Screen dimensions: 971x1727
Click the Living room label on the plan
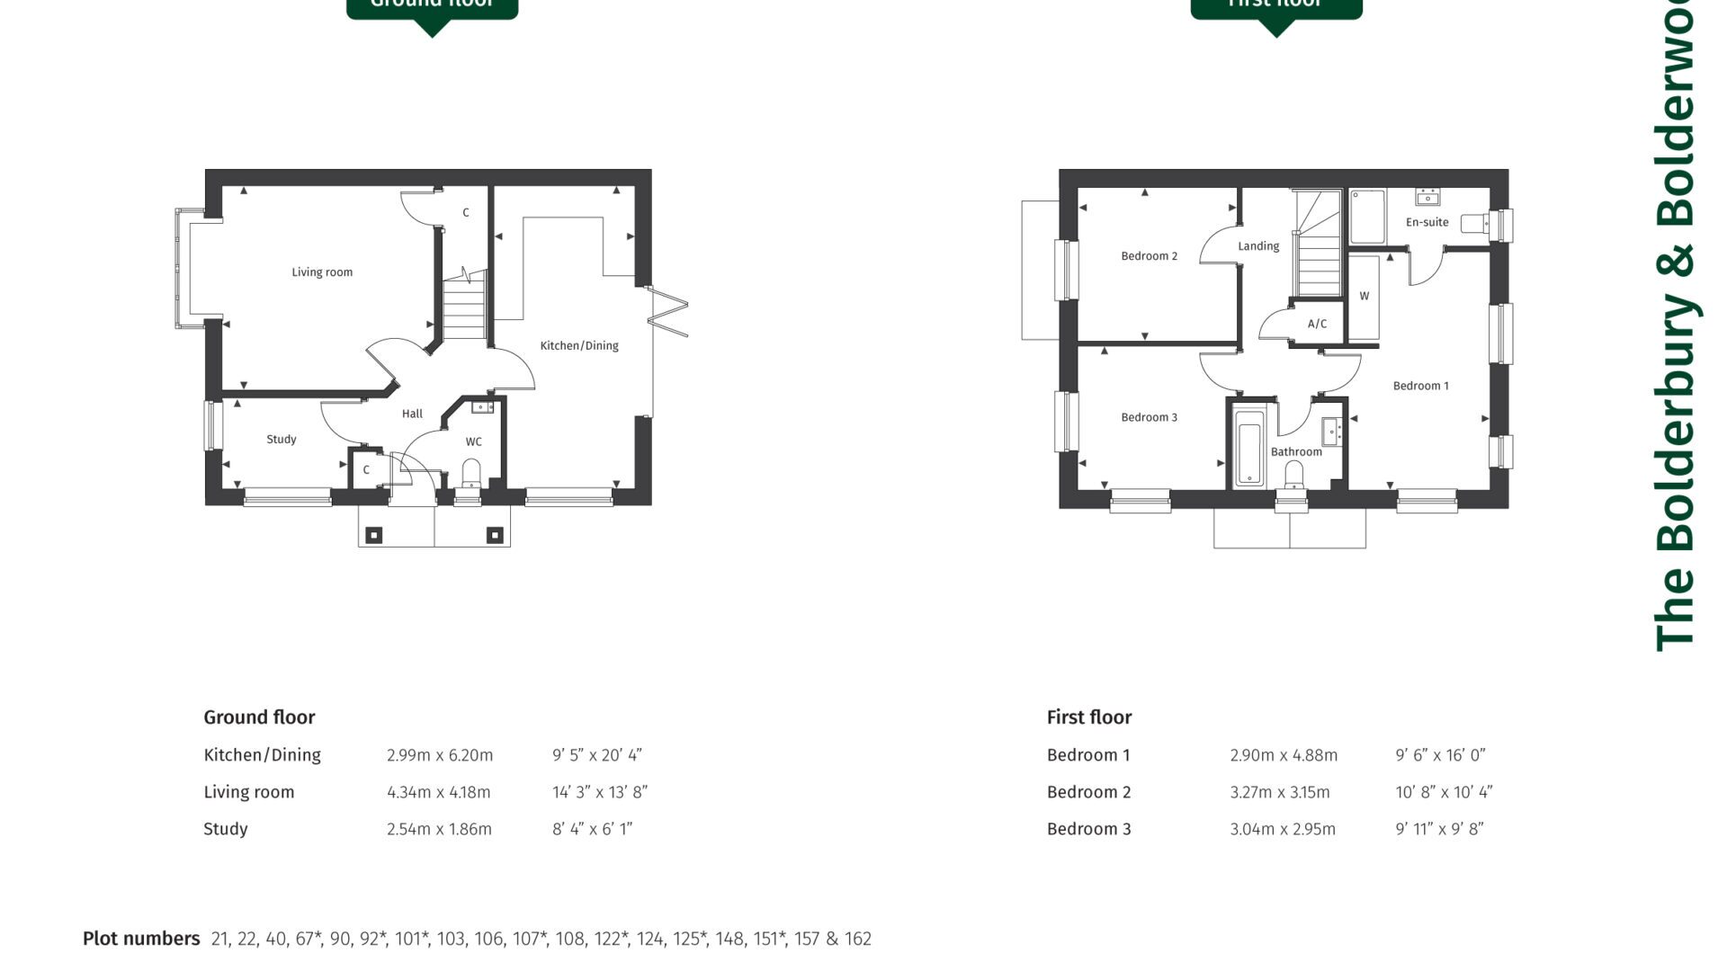(x=322, y=272)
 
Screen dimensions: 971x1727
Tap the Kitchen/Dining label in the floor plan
(x=578, y=345)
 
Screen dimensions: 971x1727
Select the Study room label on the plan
(x=281, y=440)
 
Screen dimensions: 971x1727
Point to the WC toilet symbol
(x=471, y=472)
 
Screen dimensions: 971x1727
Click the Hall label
(x=412, y=414)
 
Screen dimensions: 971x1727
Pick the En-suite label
(x=1427, y=222)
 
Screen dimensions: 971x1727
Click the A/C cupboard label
(x=1317, y=324)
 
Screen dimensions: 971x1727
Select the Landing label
(x=1257, y=246)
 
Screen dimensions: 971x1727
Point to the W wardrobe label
(x=1364, y=296)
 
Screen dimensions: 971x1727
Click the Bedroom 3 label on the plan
(x=1149, y=417)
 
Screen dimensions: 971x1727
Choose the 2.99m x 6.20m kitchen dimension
(x=440, y=755)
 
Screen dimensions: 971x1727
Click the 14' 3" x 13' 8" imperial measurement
(x=599, y=792)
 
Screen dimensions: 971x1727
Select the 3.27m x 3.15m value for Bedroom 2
(x=1279, y=792)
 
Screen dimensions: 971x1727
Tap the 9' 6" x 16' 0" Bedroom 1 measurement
(x=1440, y=755)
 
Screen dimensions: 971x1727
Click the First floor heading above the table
(x=1088, y=717)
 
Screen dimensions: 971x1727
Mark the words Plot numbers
(x=141, y=939)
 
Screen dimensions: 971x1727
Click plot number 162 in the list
(x=857, y=939)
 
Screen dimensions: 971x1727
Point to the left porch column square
(x=373, y=536)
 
